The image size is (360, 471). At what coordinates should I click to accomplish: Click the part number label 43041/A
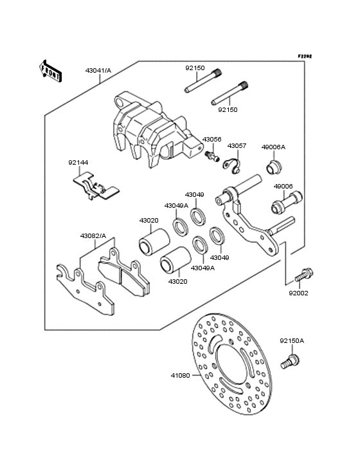tap(98, 70)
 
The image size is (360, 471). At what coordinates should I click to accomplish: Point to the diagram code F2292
tap(304, 57)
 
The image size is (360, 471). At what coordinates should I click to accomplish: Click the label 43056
tap(212, 139)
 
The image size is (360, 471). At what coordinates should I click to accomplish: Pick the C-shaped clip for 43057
tap(232, 165)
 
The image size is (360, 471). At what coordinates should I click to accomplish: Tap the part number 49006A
tap(273, 147)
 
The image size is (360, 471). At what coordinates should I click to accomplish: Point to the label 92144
tap(78, 163)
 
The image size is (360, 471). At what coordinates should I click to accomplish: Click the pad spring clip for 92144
tap(95, 187)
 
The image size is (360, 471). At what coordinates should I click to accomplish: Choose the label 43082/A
tap(93, 235)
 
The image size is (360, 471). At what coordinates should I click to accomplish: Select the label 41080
tap(180, 375)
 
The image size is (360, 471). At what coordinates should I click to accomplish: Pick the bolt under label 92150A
tap(291, 361)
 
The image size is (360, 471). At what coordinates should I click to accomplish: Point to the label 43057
tap(237, 146)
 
